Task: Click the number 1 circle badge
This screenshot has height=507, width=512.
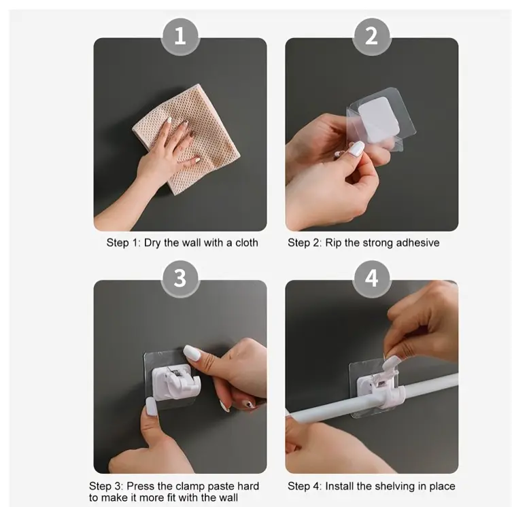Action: [x=180, y=36]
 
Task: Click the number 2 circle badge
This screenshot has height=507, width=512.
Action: [x=372, y=36]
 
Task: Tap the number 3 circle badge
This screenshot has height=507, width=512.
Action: [x=180, y=279]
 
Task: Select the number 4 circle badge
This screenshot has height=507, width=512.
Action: [x=372, y=279]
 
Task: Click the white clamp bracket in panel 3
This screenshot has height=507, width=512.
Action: [x=175, y=383]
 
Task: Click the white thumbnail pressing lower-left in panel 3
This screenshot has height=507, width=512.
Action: [x=151, y=406]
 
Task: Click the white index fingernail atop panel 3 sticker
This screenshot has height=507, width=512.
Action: [x=191, y=353]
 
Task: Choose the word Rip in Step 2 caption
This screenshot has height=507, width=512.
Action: [x=333, y=243]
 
